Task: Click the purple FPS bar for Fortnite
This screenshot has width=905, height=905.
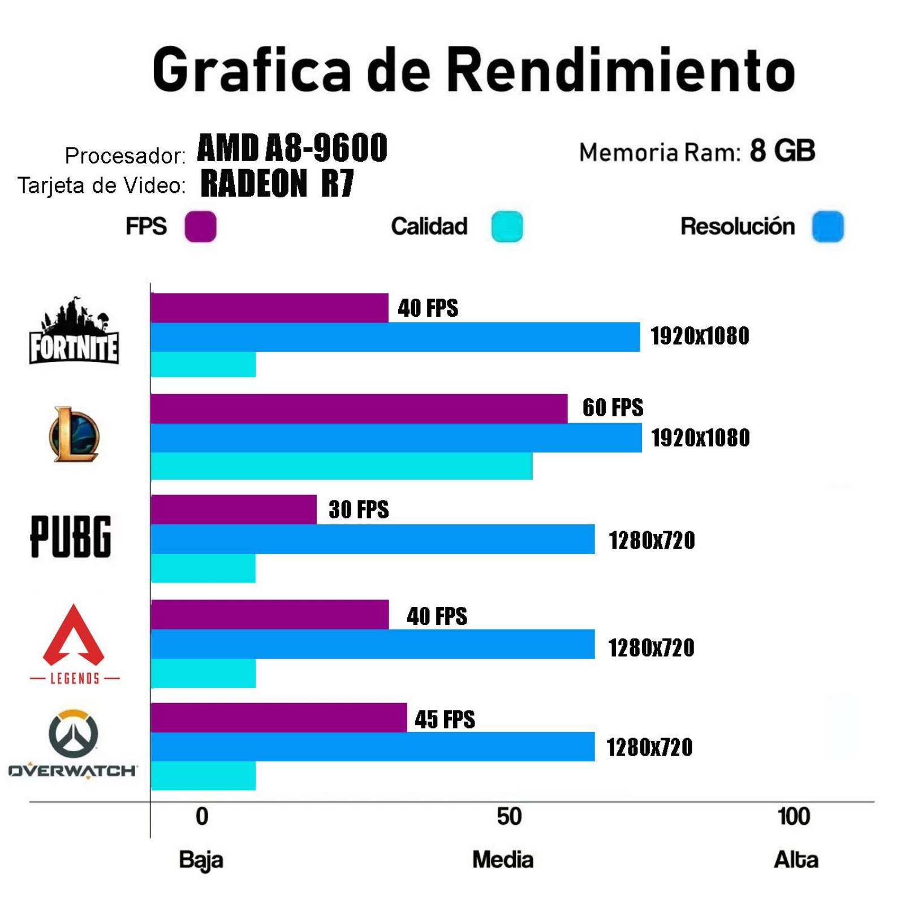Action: click(x=269, y=308)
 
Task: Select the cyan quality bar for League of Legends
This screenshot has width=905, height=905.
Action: click(x=341, y=466)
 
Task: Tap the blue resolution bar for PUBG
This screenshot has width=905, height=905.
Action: click(x=372, y=539)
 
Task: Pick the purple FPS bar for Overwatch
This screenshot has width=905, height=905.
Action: click(x=278, y=718)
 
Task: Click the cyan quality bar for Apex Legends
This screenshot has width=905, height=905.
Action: click(x=203, y=673)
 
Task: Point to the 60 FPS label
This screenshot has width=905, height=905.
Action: click(x=613, y=408)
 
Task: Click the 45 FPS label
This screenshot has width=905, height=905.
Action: click(x=445, y=719)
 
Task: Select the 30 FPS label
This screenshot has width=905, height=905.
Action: click(x=359, y=510)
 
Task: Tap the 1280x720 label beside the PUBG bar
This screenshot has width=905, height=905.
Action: click(x=652, y=541)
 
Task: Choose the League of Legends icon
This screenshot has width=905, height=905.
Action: click(x=74, y=434)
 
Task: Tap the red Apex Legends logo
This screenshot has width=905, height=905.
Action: click(x=74, y=636)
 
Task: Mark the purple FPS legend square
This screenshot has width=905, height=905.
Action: click(x=200, y=227)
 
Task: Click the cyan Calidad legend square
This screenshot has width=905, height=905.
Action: click(x=507, y=227)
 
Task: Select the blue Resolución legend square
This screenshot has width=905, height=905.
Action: click(x=828, y=227)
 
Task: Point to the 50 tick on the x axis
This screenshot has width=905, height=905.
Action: click(x=509, y=817)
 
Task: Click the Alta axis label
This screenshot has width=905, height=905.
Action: click(x=796, y=860)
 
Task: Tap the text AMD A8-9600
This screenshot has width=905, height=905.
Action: click(x=292, y=148)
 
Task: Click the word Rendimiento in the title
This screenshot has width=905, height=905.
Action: click(x=622, y=70)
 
